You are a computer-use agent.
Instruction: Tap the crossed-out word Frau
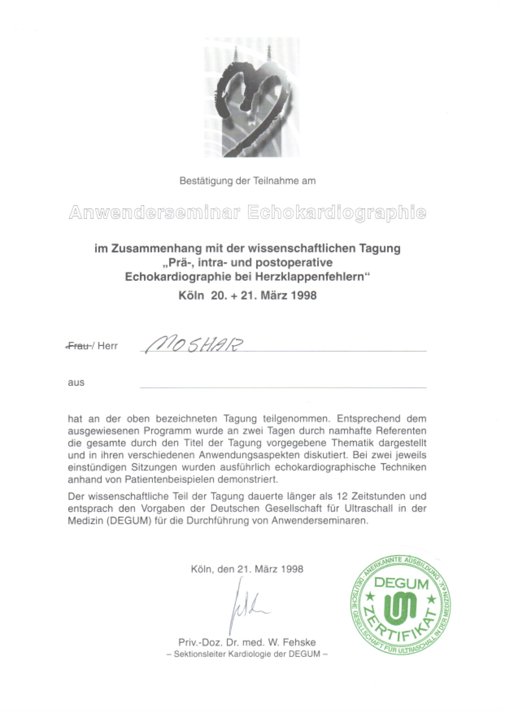tap(78, 346)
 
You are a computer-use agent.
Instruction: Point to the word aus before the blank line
tap(76, 383)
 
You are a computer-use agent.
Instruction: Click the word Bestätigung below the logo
tap(206, 181)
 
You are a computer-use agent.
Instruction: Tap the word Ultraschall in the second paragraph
tap(365, 509)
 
